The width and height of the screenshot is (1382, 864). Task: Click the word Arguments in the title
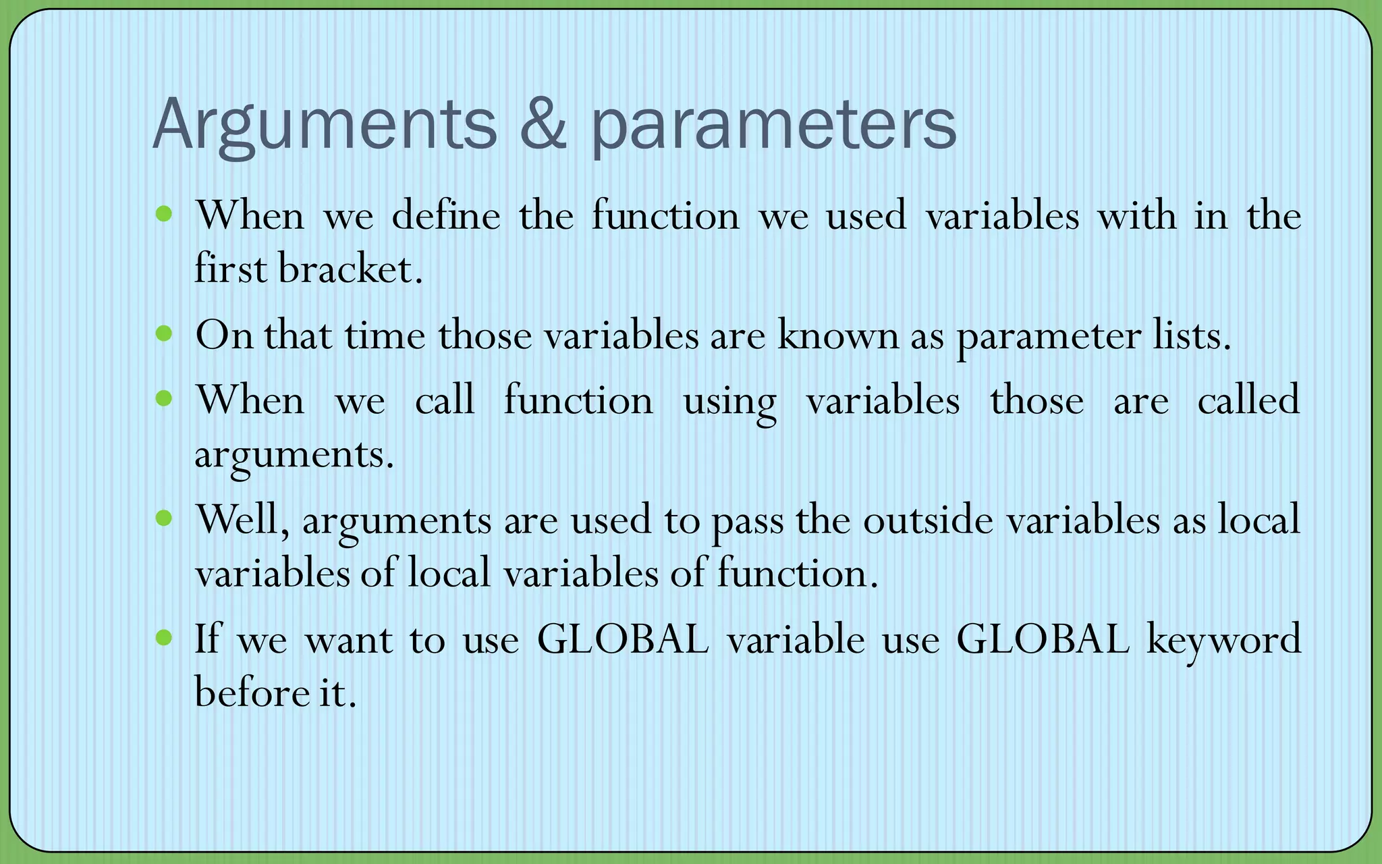(x=324, y=125)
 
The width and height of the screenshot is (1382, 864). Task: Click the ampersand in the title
(x=543, y=125)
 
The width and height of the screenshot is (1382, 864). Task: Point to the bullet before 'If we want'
(x=164, y=637)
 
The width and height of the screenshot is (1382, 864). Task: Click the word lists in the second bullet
(x=1191, y=335)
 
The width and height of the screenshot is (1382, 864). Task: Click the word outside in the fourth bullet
(x=928, y=520)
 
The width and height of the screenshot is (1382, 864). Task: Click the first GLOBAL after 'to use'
(x=622, y=639)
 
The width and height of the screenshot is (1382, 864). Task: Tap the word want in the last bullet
(x=348, y=640)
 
